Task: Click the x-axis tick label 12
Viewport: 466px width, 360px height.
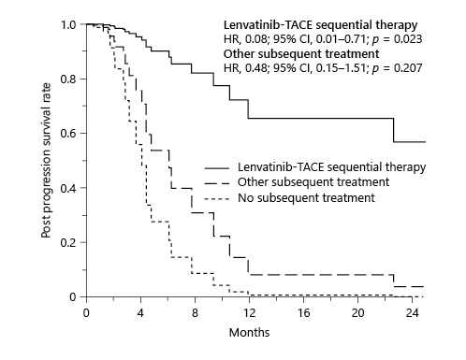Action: coord(248,313)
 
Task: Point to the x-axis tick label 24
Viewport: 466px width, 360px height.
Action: coord(411,313)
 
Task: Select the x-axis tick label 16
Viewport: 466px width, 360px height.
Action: coord(302,313)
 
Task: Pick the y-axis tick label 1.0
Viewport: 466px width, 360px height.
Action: coord(69,24)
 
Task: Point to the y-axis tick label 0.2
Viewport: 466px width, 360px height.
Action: coord(69,243)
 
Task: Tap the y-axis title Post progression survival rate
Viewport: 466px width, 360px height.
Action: coord(46,160)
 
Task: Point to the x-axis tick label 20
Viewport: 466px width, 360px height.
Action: coord(357,313)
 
